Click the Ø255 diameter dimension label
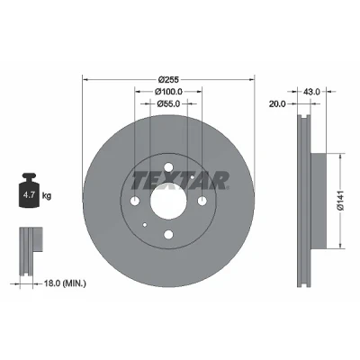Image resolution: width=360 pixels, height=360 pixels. point(168,79)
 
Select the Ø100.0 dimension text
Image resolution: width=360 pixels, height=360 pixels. point(168,92)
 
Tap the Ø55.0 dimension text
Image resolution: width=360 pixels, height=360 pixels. point(168,103)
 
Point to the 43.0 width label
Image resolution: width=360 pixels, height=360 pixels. point(311,92)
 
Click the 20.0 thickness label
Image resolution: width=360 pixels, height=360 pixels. point(277,103)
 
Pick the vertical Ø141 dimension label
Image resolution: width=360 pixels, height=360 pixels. point(339,201)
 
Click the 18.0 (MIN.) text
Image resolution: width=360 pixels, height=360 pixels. point(65,283)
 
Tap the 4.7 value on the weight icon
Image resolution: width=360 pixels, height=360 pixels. point(29,195)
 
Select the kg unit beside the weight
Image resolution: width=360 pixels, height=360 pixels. point(47,196)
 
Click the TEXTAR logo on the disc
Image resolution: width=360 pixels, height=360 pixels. point(180,181)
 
